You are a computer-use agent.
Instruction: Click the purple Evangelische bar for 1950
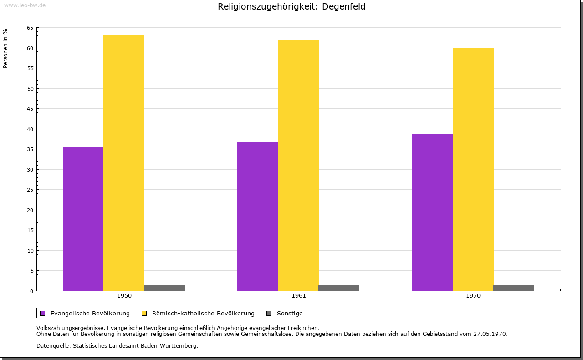click(83, 219)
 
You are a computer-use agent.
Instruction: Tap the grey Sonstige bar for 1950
click(164, 288)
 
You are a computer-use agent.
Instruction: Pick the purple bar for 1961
click(257, 216)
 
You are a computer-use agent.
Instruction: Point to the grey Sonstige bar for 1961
click(339, 288)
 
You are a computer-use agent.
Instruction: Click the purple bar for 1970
click(432, 212)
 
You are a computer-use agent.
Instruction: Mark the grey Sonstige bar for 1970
click(514, 288)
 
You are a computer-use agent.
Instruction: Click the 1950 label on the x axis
click(124, 296)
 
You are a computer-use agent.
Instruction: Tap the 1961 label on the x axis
click(299, 296)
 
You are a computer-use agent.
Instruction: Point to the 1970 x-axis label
click(473, 296)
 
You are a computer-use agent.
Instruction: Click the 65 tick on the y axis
click(30, 28)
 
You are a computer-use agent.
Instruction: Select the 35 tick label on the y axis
click(30, 149)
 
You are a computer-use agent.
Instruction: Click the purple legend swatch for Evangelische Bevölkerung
click(43, 313)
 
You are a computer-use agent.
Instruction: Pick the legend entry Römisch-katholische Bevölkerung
click(203, 313)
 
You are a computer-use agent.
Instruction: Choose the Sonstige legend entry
click(290, 313)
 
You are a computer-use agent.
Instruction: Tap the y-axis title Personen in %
click(5, 48)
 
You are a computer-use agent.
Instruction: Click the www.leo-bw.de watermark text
click(25, 5)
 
